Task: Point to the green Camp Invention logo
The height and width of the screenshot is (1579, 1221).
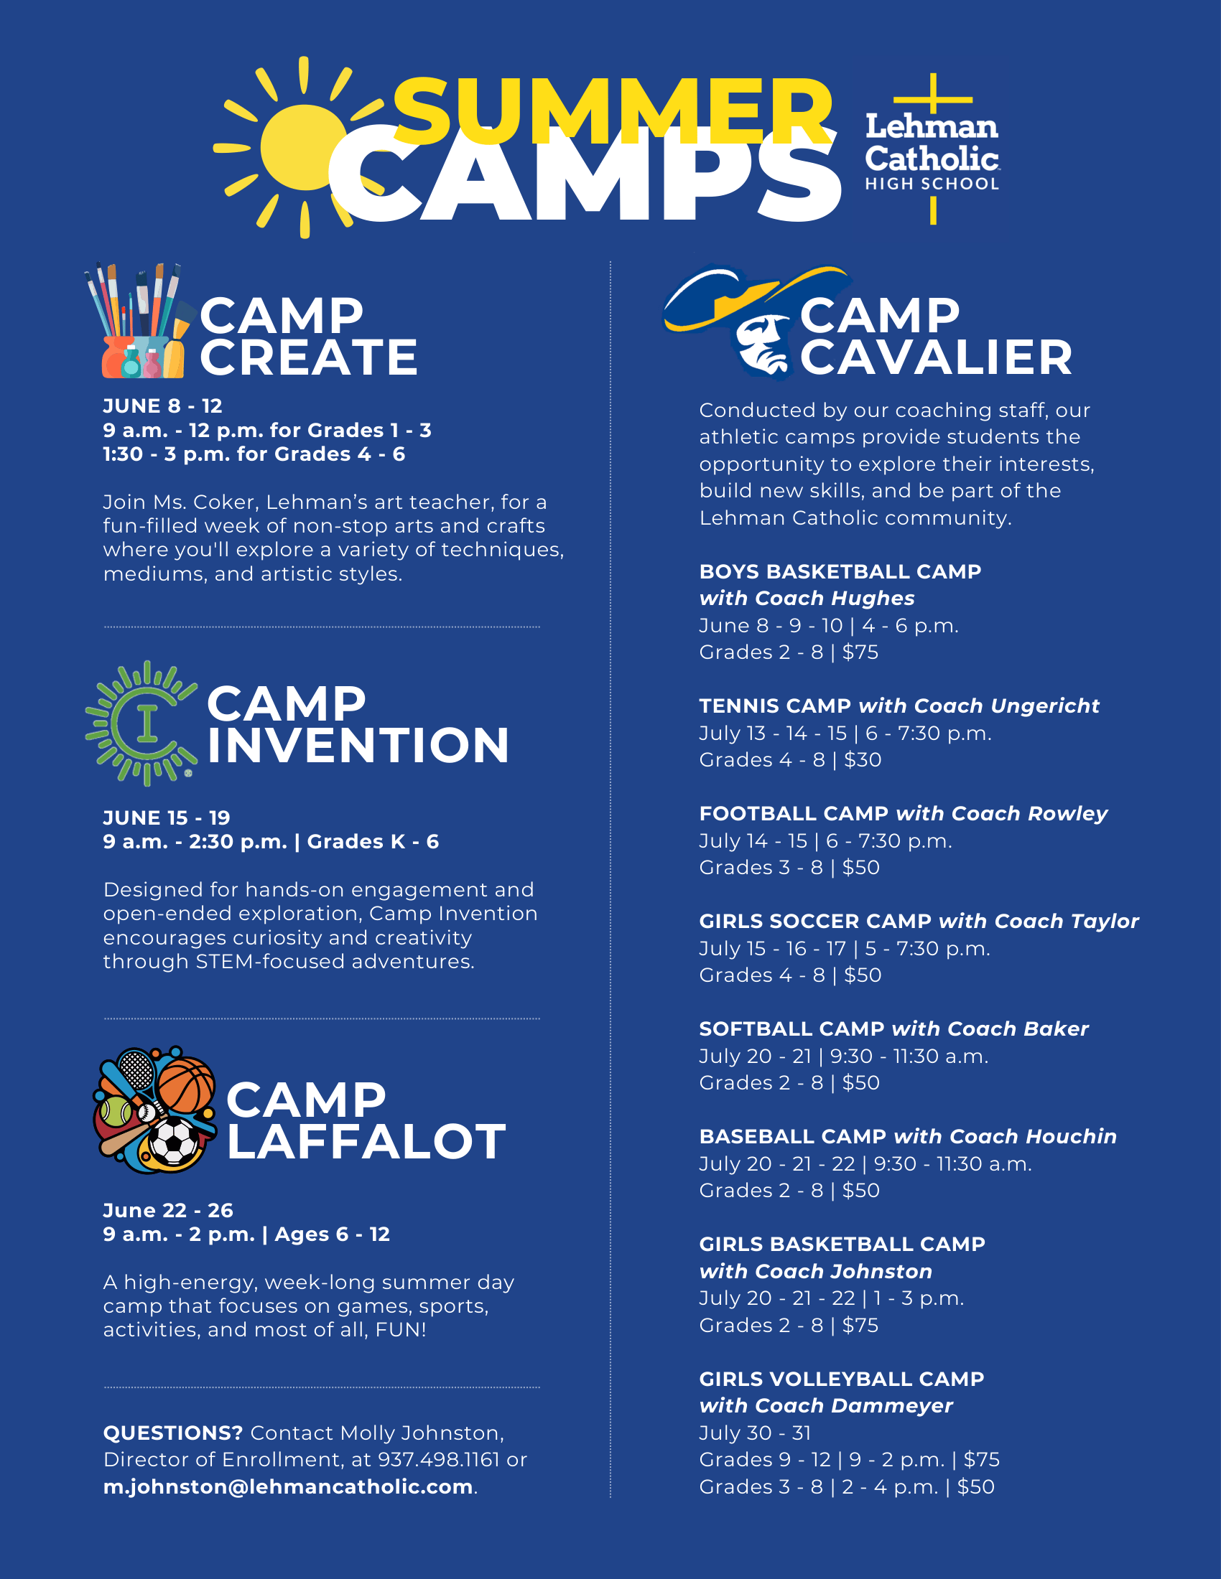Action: point(141,723)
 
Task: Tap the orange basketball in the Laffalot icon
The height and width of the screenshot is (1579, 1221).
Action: point(187,1084)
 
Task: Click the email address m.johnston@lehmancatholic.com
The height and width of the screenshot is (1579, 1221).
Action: point(288,1486)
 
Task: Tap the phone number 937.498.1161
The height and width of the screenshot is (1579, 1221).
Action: point(438,1460)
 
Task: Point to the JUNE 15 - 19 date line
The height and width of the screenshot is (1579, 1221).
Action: point(167,817)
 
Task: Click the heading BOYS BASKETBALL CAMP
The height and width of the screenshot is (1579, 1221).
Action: point(840,572)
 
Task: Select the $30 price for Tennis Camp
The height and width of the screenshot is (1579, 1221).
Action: point(863,760)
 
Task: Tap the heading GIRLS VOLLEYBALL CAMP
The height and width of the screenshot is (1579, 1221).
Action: point(841,1379)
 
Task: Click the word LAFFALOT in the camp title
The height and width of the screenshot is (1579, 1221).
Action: point(366,1143)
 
